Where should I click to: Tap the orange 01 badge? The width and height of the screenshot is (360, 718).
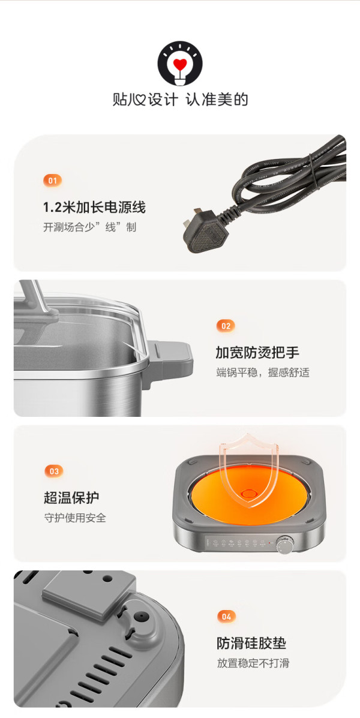pos(52,181)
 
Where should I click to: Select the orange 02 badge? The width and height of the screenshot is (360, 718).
pos(226,326)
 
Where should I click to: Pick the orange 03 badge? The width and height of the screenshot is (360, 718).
pos(54,471)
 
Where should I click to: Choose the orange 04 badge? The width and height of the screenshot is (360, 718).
pos(226,617)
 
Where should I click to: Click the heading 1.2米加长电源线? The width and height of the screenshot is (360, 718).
pos(94,208)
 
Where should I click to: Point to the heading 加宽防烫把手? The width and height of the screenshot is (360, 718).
pos(257,353)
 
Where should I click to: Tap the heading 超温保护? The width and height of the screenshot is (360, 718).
pos(71,498)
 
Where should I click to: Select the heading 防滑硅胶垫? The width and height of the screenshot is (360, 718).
pos(251,643)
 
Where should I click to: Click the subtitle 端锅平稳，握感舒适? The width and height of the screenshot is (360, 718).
pos(263,372)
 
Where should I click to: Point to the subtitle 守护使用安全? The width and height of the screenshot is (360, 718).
pos(75,518)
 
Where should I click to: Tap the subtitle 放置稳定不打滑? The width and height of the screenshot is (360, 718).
pos(253,663)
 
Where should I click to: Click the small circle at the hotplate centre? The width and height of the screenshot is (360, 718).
pos(248,493)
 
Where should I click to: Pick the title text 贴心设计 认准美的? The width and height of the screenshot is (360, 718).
pos(180,100)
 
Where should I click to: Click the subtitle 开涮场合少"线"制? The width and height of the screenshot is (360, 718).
pos(90,227)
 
